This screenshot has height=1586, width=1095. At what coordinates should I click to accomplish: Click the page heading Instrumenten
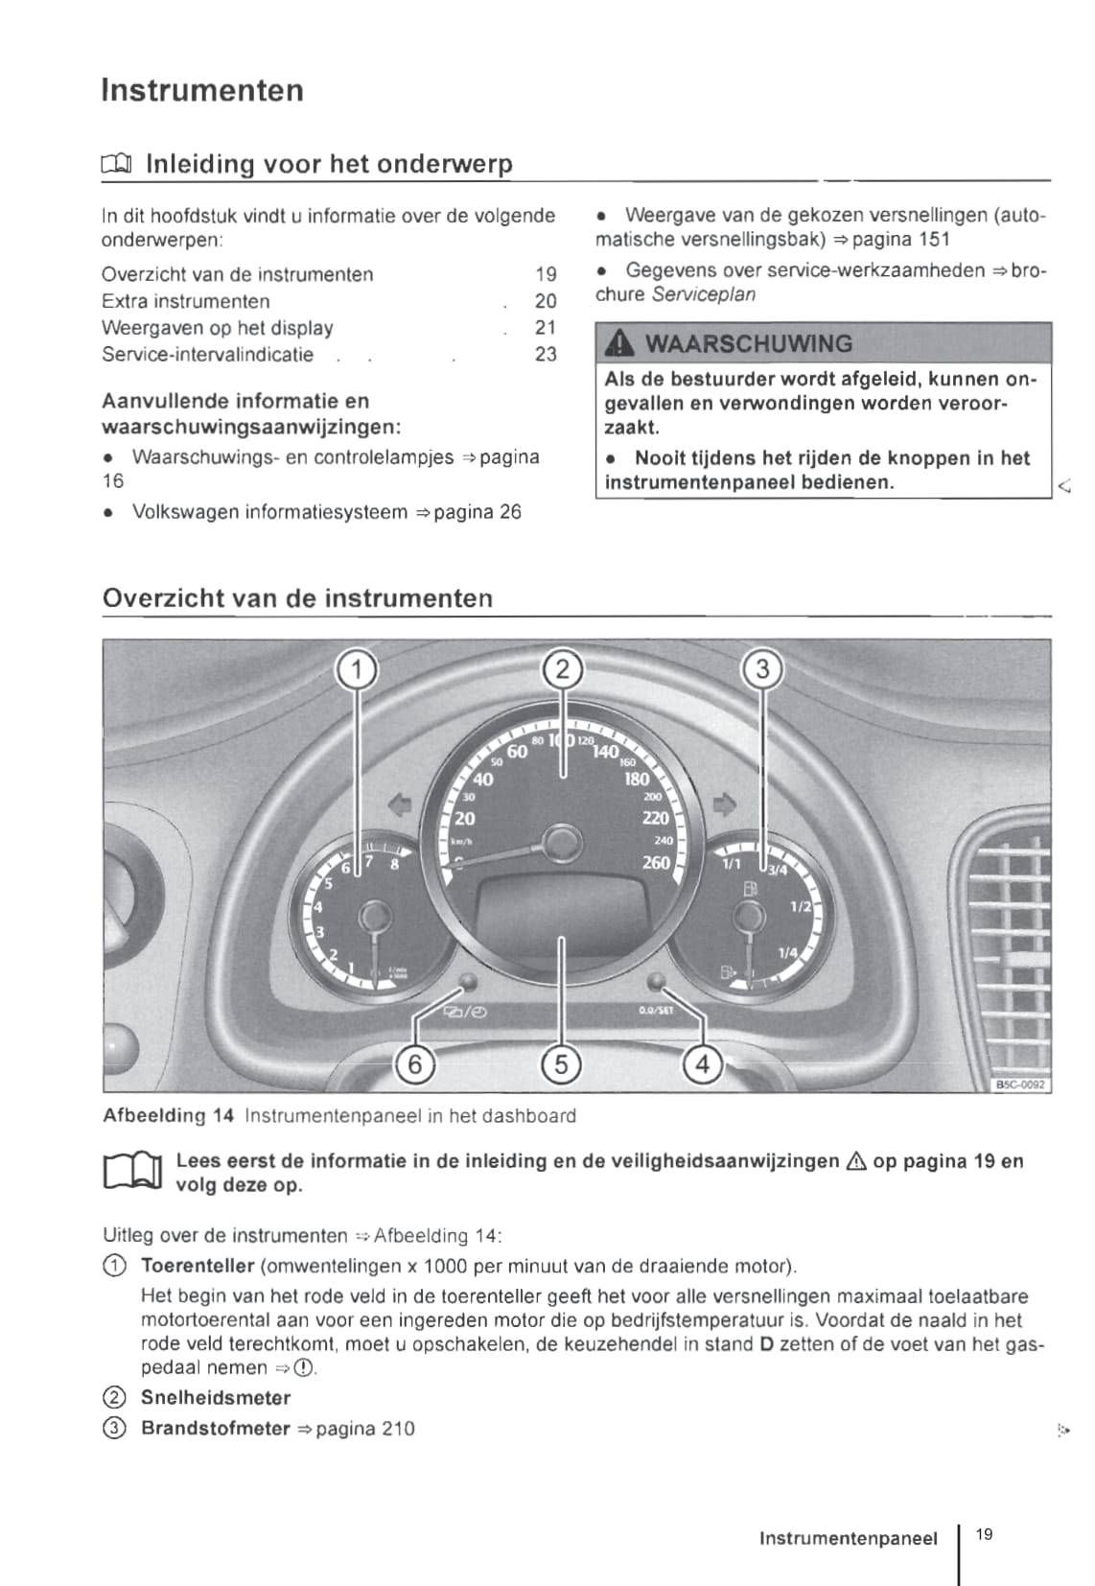tap(202, 90)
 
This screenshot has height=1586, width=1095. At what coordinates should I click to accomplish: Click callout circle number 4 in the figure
tap(703, 1063)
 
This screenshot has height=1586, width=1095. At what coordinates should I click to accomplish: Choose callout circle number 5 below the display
tap(561, 1063)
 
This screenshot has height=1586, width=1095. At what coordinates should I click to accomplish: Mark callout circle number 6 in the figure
tap(415, 1063)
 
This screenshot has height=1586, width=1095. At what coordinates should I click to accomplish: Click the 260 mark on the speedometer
tap(656, 862)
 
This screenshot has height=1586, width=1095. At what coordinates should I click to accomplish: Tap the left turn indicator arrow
tap(399, 803)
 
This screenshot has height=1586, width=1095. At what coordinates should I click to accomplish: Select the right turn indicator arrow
tap(725, 803)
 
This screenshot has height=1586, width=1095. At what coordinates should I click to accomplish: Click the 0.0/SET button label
tap(656, 1010)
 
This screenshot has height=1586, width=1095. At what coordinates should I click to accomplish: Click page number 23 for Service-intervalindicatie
tap(546, 354)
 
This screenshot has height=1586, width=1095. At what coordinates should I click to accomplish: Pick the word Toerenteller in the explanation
tap(198, 1266)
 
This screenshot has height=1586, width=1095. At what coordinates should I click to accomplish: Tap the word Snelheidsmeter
tap(216, 1397)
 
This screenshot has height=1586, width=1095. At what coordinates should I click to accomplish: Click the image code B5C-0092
tap(1021, 1085)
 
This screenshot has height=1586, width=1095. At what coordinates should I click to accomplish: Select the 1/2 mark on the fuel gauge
tap(800, 906)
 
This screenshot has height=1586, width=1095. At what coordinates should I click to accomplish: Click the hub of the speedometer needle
tap(563, 844)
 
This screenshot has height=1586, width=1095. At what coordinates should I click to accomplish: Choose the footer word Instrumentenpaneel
tap(848, 1538)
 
